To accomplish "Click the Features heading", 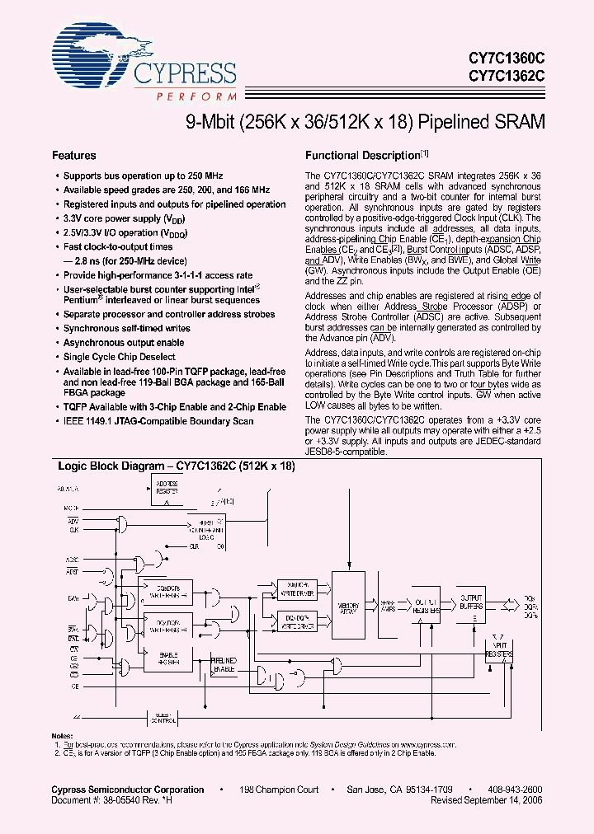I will tap(74, 155).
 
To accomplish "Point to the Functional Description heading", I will tap(363, 155).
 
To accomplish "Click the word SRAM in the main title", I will tap(517, 122).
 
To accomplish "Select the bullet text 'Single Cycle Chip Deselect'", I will tap(120, 357).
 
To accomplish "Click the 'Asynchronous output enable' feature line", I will tap(124, 343).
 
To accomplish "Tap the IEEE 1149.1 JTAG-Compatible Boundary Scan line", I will tap(158, 421).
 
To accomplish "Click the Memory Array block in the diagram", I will tap(348, 607).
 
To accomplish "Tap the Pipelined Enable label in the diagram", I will tap(224, 665).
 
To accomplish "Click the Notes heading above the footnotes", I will tap(63, 735).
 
